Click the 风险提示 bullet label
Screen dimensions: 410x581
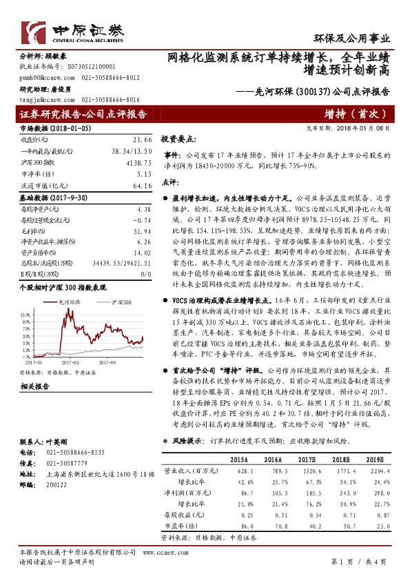click(x=186, y=440)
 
